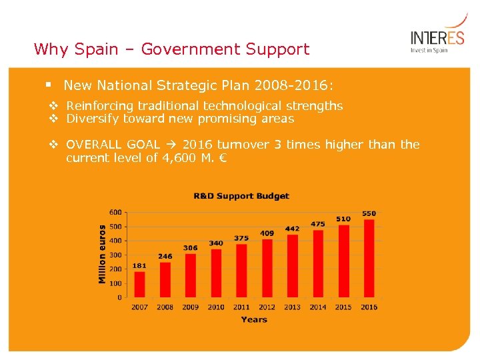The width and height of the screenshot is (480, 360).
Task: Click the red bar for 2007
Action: [x=139, y=284]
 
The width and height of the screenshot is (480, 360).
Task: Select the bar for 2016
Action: [x=369, y=259]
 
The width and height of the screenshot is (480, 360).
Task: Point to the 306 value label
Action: [x=191, y=248]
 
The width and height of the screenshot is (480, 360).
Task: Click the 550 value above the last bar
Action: [x=369, y=213]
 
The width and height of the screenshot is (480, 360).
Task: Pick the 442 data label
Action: [x=292, y=229]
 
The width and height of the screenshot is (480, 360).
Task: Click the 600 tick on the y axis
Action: [x=115, y=212]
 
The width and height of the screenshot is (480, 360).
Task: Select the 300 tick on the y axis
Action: [x=115, y=255]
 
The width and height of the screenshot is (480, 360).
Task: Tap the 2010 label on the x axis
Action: [x=216, y=307]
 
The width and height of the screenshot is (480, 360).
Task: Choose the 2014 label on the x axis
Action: [x=318, y=307]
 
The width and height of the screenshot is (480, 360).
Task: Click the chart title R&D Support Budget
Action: [x=241, y=196]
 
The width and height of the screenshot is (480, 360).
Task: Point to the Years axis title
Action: [x=253, y=320]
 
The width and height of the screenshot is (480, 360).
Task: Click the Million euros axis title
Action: [x=102, y=254]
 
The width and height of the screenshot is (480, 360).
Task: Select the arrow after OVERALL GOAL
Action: [x=171, y=145]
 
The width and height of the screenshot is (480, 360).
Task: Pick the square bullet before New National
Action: [x=49, y=85]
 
